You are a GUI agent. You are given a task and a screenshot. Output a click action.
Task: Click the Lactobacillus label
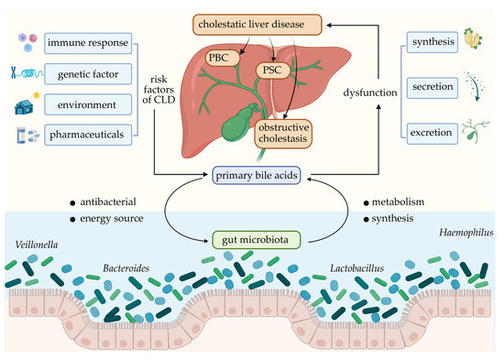[361, 271]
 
